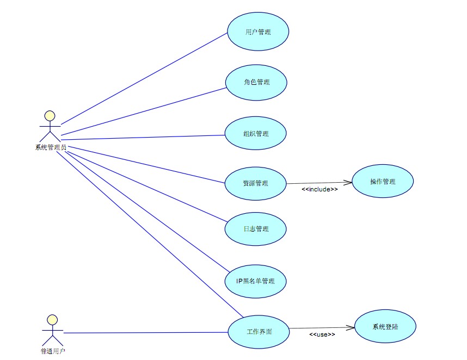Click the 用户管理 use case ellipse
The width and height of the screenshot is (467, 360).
point(257,32)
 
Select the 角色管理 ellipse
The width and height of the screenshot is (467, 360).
point(256,82)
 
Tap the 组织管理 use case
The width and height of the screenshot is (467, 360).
point(255,133)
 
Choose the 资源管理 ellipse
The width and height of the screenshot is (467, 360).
point(255,183)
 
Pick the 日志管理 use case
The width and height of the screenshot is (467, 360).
point(255,229)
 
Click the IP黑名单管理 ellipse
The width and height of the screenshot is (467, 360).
point(255,281)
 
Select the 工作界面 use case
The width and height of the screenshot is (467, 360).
point(258,332)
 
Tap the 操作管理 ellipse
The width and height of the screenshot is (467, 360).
point(383,182)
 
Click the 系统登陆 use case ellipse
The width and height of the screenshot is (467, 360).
point(385,327)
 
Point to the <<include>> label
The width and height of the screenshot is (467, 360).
point(319,189)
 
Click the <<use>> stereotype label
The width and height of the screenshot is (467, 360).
point(322,334)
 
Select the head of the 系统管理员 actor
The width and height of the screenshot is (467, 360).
point(50,115)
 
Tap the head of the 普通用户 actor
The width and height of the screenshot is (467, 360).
point(51,319)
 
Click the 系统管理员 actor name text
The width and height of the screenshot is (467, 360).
point(51,147)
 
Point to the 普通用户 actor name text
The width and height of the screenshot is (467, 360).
point(53,351)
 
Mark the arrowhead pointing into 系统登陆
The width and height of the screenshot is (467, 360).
point(351,327)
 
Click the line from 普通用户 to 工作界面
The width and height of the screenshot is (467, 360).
point(142,332)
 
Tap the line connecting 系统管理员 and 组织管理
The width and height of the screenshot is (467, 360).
point(142,136)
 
